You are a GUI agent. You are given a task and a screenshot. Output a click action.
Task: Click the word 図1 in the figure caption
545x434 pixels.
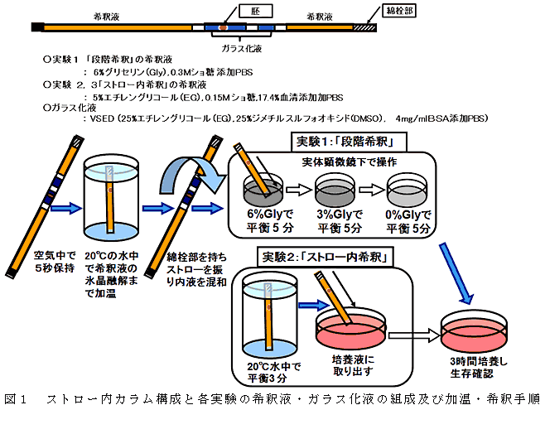(x=17, y=399)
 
